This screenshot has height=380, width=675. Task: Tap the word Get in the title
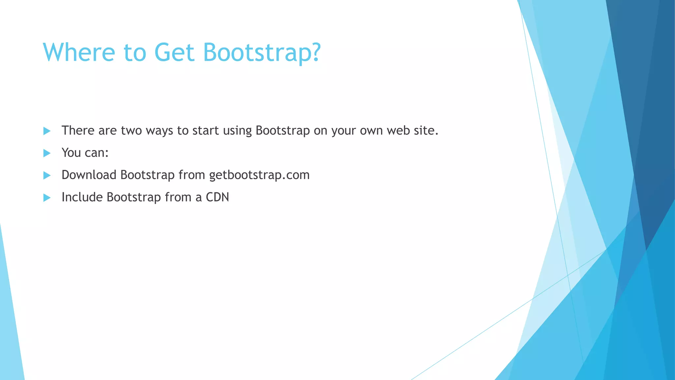tap(174, 52)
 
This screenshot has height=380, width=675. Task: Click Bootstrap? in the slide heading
tap(262, 52)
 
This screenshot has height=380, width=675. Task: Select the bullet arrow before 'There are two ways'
tap(47, 131)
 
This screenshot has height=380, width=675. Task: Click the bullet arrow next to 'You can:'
tap(47, 153)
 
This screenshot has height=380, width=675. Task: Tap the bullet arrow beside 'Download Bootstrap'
tap(47, 175)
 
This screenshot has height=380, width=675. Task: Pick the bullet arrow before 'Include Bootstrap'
tap(47, 198)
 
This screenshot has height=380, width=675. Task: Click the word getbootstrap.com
tap(259, 175)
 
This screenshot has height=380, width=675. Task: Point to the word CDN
tap(217, 197)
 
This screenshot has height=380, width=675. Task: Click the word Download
tap(89, 175)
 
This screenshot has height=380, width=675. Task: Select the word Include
tap(82, 197)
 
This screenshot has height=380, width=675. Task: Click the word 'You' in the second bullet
tap(71, 153)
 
